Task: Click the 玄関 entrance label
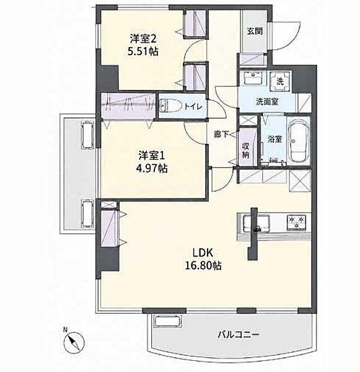[255, 31]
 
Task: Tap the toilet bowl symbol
[169, 106]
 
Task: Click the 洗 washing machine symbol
[280, 81]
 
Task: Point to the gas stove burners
[296, 223]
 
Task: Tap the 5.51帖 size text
[143, 51]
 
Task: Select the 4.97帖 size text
[152, 169]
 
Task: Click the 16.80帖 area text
[203, 265]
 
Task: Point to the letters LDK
[203, 253]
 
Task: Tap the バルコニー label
[239, 335]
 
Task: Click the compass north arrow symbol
[74, 342]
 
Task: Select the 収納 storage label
[246, 151]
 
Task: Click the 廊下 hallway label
[221, 135]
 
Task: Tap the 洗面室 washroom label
[267, 102]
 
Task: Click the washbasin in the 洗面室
[253, 77]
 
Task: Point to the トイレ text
[193, 106]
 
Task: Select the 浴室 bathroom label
[275, 139]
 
